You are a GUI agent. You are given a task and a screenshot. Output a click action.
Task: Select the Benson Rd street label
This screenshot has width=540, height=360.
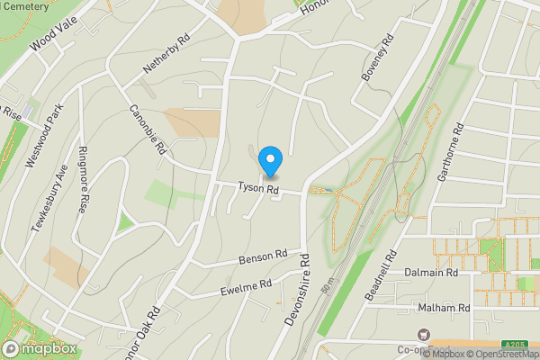coord(262,258)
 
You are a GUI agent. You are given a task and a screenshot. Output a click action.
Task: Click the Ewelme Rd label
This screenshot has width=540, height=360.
coord(246,289)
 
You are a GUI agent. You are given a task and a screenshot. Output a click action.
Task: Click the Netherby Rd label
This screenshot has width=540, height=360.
coord(167,56)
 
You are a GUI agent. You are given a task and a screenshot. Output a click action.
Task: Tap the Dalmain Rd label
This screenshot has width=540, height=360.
coord(431,272)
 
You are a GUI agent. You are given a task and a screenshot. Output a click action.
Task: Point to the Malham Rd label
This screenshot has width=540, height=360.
coord(445,308)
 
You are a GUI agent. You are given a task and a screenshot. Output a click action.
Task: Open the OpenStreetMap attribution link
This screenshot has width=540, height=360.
coord(500,354)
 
